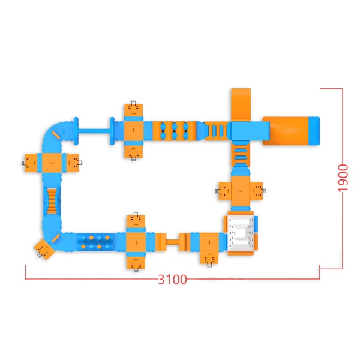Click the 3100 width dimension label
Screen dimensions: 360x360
[172, 280]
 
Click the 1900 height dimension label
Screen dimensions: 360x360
[343, 178]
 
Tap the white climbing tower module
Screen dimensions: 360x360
[241, 233]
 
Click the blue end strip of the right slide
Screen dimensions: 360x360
[314, 131]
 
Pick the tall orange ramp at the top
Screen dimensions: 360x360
[241, 104]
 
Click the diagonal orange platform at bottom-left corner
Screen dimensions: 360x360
[45, 249]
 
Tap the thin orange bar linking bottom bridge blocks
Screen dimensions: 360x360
[173, 242]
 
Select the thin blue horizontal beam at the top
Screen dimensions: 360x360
[94, 131]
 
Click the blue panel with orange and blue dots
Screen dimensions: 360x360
[95, 242]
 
